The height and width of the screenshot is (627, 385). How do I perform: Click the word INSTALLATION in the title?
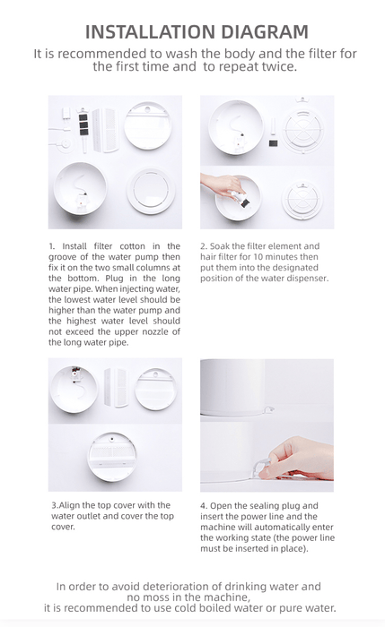pyautogui.click(x=151, y=32)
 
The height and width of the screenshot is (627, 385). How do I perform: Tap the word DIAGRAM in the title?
pyautogui.click(x=265, y=32)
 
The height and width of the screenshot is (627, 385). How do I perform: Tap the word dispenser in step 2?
pyautogui.click(x=309, y=279)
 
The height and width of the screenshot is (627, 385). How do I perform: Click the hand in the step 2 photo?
pyautogui.click(x=223, y=185)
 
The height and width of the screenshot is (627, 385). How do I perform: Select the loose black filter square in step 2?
pyautogui.click(x=273, y=142)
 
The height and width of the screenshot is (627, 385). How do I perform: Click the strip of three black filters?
pyautogui.click(x=83, y=125)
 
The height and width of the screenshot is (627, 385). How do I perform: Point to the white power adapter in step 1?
pyautogui.click(x=66, y=114)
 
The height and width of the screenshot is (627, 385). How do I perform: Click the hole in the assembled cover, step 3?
pyautogui.click(x=112, y=439)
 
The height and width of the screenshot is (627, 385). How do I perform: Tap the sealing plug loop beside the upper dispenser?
pyautogui.click(x=269, y=408)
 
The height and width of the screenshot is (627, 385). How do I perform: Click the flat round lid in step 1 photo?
pyautogui.click(x=151, y=191)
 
